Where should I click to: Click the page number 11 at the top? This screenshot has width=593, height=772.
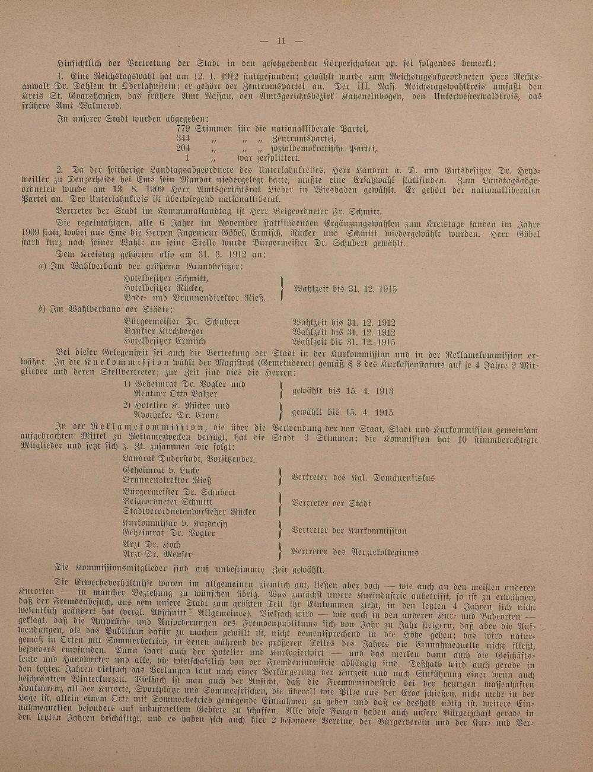[x=281, y=41]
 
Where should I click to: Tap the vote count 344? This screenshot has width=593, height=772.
[x=183, y=139]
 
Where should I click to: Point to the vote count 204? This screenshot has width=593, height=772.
[x=183, y=148]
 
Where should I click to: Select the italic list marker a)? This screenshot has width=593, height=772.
[x=42, y=266]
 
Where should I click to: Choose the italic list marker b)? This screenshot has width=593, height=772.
[x=42, y=310]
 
